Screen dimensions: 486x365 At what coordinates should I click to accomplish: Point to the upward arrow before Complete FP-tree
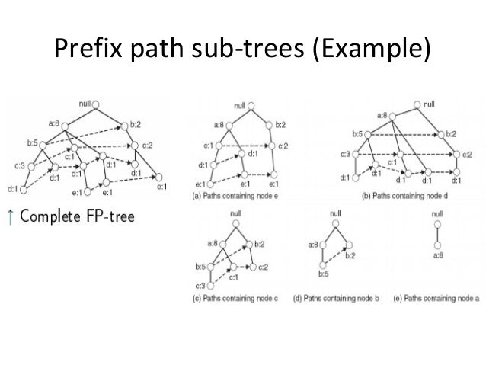click(x=11, y=216)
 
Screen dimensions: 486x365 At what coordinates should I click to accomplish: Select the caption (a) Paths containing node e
click(x=232, y=197)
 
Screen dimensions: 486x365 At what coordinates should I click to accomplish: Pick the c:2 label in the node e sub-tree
click(x=282, y=146)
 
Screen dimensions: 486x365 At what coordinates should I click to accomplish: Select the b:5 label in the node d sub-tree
click(x=357, y=134)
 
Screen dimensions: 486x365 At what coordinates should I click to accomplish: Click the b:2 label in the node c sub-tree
click(x=259, y=243)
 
